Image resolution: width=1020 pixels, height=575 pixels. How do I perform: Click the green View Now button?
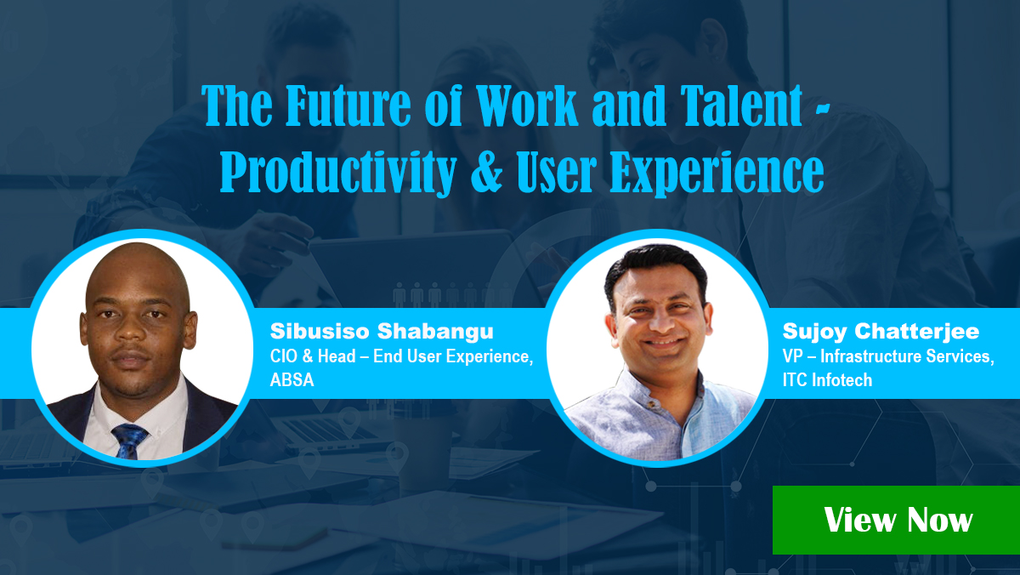pyautogui.click(x=896, y=520)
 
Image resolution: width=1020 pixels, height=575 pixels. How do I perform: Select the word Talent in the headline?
pyautogui.click(x=741, y=105)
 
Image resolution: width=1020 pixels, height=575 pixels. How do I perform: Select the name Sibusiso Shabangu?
pyautogui.click(x=382, y=331)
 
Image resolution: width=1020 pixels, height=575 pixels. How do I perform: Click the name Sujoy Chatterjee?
pyautogui.click(x=881, y=331)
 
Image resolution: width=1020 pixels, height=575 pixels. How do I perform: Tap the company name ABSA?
pyautogui.click(x=292, y=380)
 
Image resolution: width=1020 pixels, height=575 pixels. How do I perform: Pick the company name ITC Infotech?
pyautogui.click(x=827, y=380)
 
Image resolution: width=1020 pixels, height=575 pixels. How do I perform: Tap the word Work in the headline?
pyautogui.click(x=527, y=105)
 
